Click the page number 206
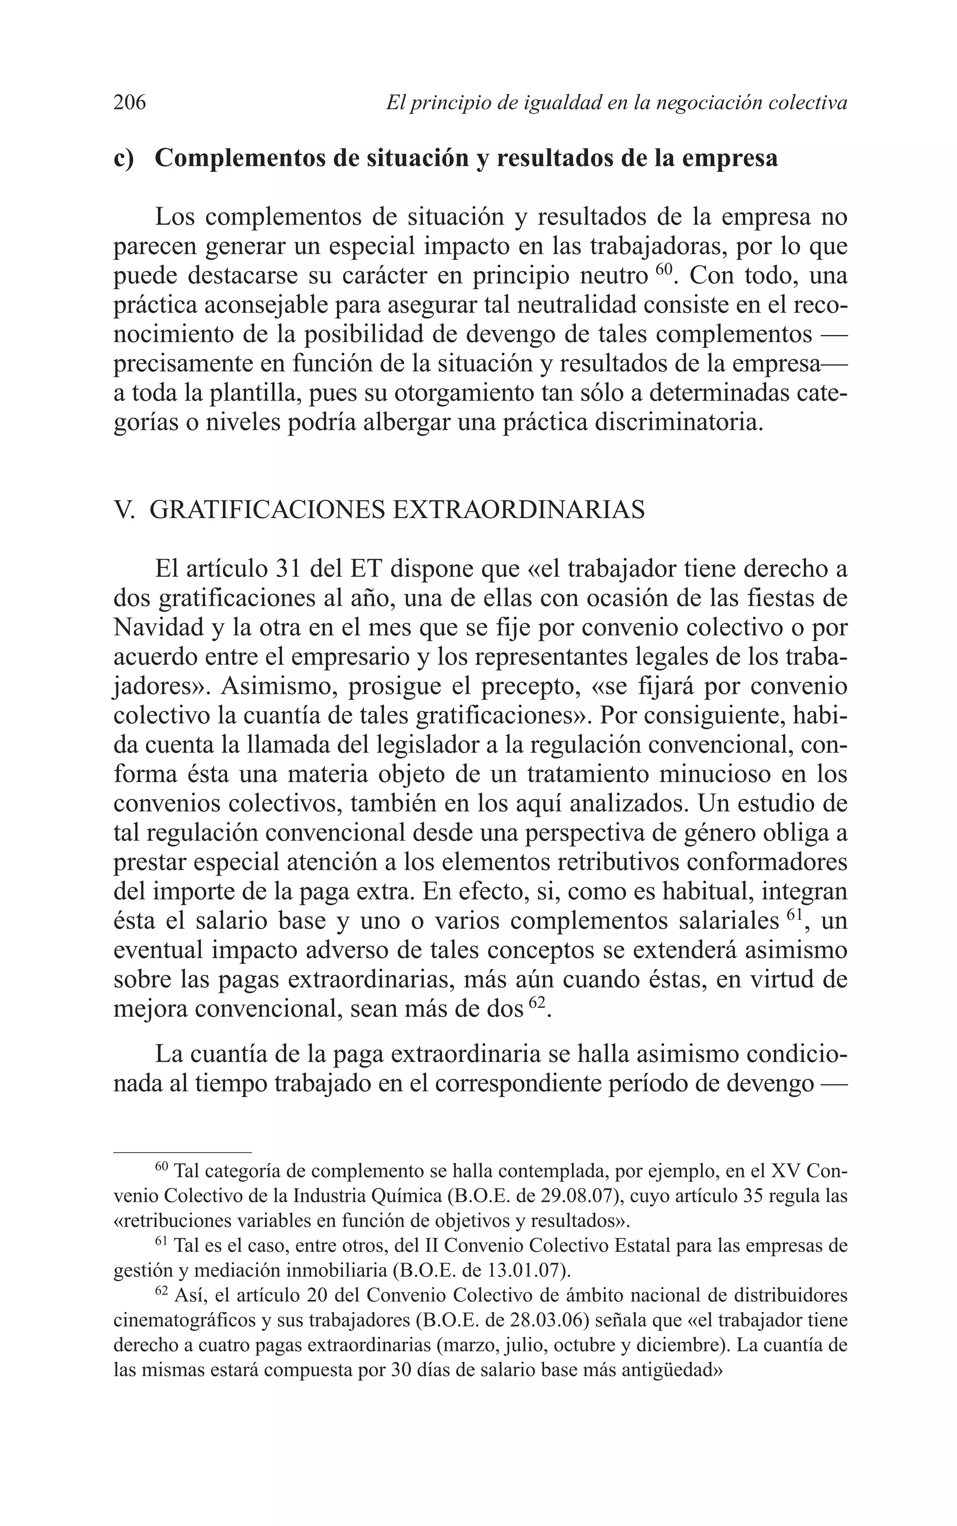tap(130, 102)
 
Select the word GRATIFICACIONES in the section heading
tap(267, 510)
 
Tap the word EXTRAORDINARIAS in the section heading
tap(519, 510)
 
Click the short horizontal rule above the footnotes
tap(182, 1153)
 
